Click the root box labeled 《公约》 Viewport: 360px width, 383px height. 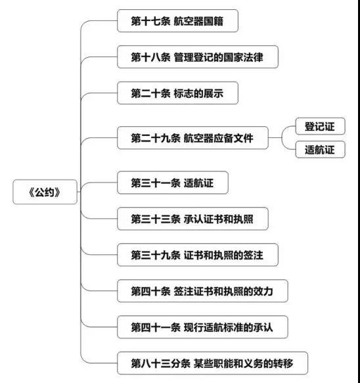(x=45, y=192)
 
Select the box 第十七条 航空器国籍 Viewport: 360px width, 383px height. (x=177, y=21)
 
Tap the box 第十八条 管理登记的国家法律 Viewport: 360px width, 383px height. (x=198, y=57)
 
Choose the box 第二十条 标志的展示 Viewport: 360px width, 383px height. (x=177, y=93)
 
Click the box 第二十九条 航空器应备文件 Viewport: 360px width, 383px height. (x=192, y=138)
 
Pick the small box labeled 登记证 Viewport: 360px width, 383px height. (x=320, y=126)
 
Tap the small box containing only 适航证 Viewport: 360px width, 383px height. (x=320, y=150)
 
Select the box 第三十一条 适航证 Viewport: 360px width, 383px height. (x=173, y=183)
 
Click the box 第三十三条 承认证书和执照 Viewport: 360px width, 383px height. (x=192, y=219)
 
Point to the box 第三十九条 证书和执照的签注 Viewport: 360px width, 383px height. (x=198, y=255)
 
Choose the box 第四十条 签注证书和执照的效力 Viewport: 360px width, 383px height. (x=202, y=291)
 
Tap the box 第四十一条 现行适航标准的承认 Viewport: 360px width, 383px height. (x=202, y=327)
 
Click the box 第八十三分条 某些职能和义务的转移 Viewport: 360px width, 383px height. (x=212, y=363)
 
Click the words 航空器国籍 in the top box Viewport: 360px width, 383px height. (x=198, y=21)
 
